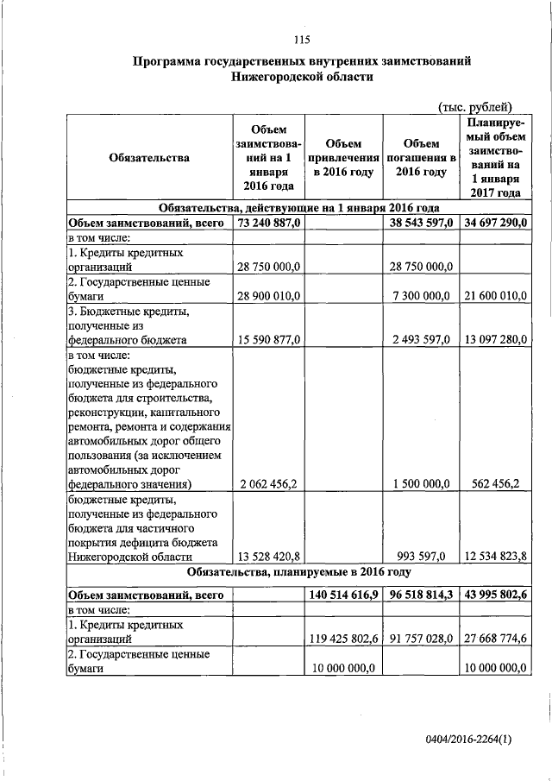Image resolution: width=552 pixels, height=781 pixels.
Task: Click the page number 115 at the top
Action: pos(301,41)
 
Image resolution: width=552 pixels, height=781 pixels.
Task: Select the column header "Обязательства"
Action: pos(149,158)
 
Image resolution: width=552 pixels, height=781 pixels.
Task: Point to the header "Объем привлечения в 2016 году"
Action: pos(344,158)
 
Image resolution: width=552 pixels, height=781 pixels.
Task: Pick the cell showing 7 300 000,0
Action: pos(423,296)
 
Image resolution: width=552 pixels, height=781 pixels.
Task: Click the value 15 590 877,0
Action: pos(268,340)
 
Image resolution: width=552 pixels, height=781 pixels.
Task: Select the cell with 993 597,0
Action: pos(425,557)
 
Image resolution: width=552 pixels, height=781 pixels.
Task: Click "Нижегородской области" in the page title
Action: pos(301,77)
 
